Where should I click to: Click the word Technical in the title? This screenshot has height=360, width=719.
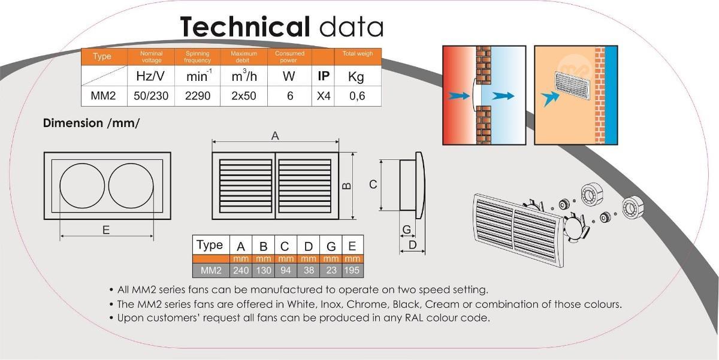pyautogui.click(x=244, y=28)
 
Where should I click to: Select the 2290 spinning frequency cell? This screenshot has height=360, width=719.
pyautogui.click(x=198, y=96)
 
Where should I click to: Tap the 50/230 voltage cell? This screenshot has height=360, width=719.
pyautogui.click(x=151, y=96)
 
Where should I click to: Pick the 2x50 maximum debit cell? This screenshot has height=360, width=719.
pyautogui.click(x=244, y=96)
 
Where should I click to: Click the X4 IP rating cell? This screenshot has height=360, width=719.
pyautogui.click(x=324, y=96)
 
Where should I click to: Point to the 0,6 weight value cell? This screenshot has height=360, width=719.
pyautogui.click(x=357, y=96)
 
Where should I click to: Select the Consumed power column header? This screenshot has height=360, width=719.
pyautogui.click(x=290, y=57)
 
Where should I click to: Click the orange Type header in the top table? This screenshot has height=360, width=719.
pyautogui.click(x=102, y=57)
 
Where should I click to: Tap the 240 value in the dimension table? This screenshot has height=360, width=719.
pyautogui.click(x=241, y=270)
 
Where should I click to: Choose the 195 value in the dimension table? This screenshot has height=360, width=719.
pyautogui.click(x=352, y=270)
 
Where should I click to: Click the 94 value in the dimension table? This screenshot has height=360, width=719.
pyautogui.click(x=285, y=270)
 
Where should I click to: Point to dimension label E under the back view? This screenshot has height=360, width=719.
pyautogui.click(x=106, y=229)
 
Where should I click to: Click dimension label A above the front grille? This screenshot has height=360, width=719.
pyautogui.click(x=275, y=136)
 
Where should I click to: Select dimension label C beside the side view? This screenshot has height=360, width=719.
pyautogui.click(x=373, y=184)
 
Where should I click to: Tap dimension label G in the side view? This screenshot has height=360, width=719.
pyautogui.click(x=406, y=229)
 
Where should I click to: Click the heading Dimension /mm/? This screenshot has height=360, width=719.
pyautogui.click(x=91, y=123)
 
